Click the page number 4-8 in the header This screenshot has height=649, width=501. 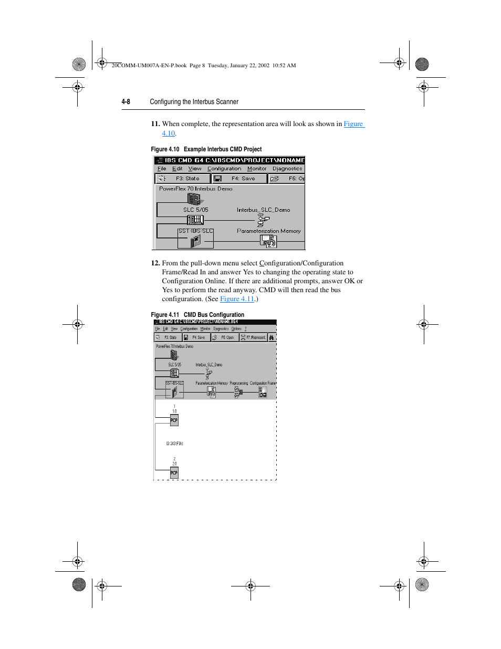(x=126, y=102)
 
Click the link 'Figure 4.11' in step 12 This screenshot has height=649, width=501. (x=237, y=299)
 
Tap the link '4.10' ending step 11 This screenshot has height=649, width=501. (x=168, y=133)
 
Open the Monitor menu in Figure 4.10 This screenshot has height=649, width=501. (x=257, y=169)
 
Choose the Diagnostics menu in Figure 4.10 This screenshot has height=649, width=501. (x=287, y=169)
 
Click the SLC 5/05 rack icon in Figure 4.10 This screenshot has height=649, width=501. (x=195, y=220)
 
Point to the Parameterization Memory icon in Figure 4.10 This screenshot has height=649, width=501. (x=268, y=241)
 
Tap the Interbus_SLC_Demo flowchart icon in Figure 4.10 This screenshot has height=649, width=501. (x=263, y=220)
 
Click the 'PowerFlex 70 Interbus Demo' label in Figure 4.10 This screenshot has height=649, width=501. (x=195, y=189)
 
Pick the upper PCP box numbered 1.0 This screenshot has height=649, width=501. (x=174, y=420)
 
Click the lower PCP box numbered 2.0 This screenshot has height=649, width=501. (x=174, y=473)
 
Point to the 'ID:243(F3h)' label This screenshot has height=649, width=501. (x=174, y=444)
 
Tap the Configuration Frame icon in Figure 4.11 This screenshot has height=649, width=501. (x=263, y=393)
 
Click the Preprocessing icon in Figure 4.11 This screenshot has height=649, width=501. (x=238, y=393)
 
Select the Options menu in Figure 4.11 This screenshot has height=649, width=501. (x=236, y=329)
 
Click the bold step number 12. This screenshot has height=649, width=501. (x=155, y=263)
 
